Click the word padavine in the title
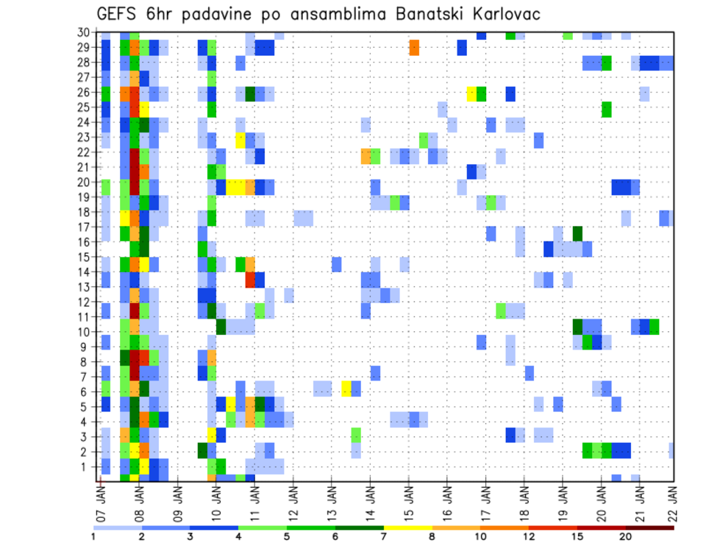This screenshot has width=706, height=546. [215, 14]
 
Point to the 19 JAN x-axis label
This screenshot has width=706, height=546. [563, 499]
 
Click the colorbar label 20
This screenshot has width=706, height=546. [626, 536]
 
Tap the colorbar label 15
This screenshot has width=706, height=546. [577, 536]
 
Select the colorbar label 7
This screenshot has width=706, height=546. [384, 536]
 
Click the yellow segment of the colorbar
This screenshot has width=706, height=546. [407, 528]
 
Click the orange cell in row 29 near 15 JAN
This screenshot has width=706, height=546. [414, 47]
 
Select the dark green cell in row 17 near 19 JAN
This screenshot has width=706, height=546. [577, 233]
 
